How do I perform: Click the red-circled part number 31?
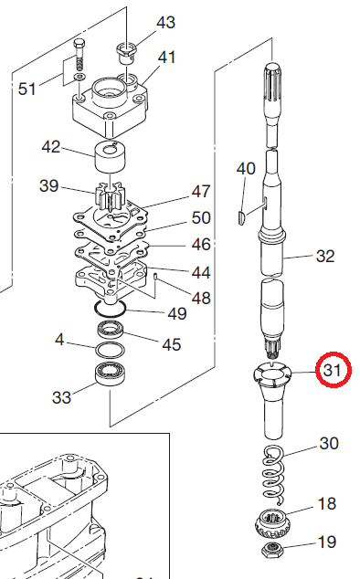coord(332,370)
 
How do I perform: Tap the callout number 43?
coord(165,23)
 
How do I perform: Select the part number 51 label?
coord(27,89)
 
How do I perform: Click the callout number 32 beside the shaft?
coord(325,256)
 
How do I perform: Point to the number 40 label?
coord(246,169)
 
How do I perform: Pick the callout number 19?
coord(327,542)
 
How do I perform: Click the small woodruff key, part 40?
coord(240,216)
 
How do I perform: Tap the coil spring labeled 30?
coord(274,474)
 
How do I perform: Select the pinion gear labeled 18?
coord(270,522)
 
